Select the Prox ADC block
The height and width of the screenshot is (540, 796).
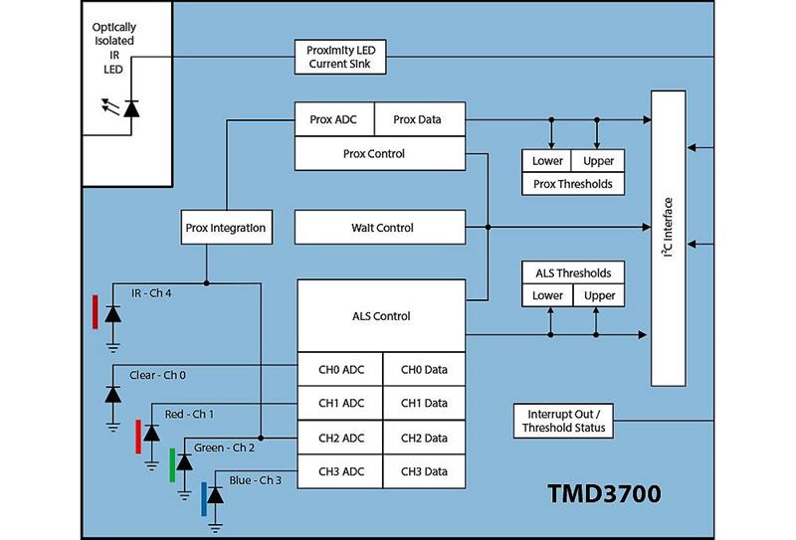334,120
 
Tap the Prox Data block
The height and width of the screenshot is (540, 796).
418,120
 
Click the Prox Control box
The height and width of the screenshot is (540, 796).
381,153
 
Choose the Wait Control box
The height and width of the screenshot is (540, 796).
381,228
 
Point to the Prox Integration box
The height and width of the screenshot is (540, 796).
226,228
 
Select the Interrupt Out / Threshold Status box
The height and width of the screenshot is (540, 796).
561,421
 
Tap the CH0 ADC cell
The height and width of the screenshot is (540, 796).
340,370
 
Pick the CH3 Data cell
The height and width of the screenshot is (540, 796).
425,471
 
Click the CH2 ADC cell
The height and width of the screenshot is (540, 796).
340,438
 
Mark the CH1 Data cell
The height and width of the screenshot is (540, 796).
425,404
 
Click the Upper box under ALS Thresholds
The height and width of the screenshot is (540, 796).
599,295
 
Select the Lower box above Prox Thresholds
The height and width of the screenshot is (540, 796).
547,161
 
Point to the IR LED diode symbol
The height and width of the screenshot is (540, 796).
131,107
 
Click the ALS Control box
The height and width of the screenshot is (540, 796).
381,316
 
